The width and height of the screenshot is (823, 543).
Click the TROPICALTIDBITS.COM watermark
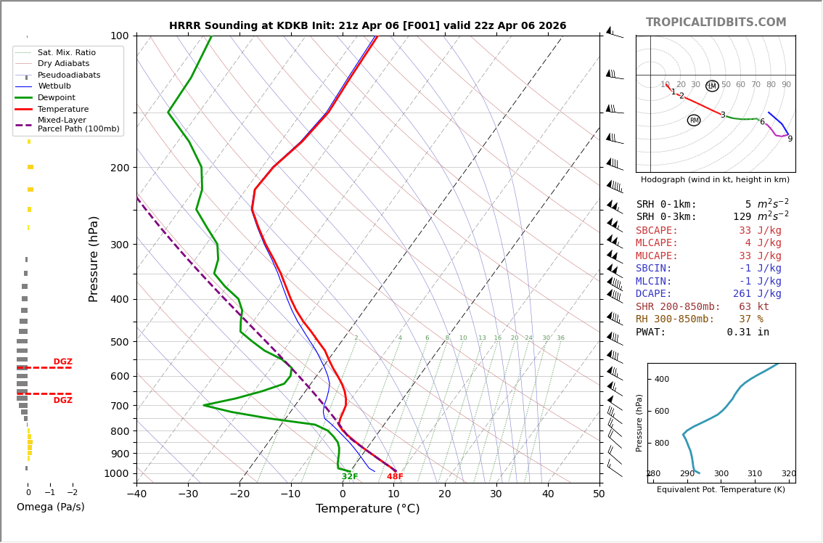click(716, 23)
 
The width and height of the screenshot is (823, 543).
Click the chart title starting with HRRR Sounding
click(367, 26)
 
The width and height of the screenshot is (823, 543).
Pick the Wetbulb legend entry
click(54, 86)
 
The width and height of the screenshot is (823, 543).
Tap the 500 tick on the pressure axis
click(120, 342)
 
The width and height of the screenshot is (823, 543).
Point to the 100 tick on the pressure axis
click(120, 36)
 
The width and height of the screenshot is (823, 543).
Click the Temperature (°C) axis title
click(367, 509)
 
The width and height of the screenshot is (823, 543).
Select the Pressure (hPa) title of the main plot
click(94, 258)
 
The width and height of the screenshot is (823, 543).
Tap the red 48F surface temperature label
click(395, 477)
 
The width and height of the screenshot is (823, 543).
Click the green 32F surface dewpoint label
click(350, 477)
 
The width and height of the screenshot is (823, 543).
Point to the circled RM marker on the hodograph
click(694, 121)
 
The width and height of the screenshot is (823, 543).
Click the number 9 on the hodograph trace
click(790, 139)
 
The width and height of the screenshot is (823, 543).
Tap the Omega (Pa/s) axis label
click(50, 507)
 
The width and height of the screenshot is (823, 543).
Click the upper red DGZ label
click(62, 362)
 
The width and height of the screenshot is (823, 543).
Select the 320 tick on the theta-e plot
click(788, 474)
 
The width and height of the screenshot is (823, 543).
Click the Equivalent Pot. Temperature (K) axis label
click(721, 490)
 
